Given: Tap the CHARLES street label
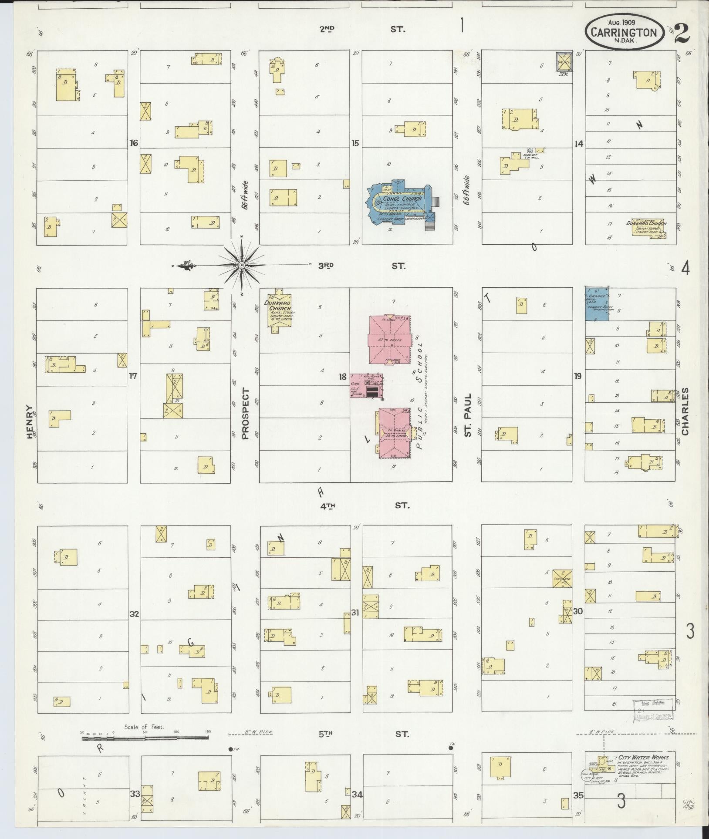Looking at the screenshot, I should click(685, 411).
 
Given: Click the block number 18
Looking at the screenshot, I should click(342, 376).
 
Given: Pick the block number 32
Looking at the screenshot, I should click(134, 614).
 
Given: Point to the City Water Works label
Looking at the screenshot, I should click(643, 757).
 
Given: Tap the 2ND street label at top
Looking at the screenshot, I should click(327, 29).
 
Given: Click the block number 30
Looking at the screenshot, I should click(577, 611).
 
